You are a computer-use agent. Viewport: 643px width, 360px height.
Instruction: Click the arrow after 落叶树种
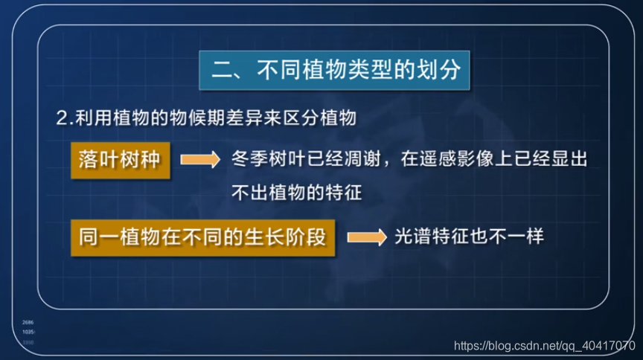[199, 158]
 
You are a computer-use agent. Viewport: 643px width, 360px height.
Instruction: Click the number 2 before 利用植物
[62, 119]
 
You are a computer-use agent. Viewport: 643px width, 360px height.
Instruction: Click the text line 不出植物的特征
[296, 193]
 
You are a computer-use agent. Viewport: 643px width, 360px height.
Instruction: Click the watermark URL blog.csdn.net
[514, 346]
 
